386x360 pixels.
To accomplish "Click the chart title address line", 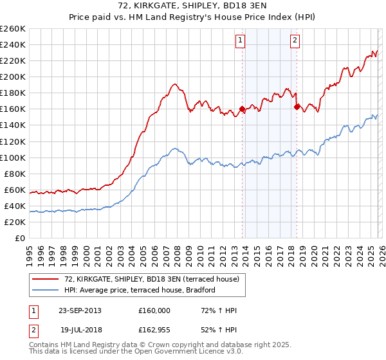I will tap(193, 6).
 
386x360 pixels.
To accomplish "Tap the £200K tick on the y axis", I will tap(13, 76).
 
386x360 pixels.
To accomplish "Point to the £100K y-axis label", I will tap(13, 157).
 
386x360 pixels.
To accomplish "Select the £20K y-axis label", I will tap(15, 222).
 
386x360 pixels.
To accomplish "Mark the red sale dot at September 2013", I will tap(243, 109).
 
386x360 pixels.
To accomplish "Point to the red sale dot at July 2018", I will tap(297, 107).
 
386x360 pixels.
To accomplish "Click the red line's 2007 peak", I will tap(174, 84).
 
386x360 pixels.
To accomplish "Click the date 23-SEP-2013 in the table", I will tap(79, 310).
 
